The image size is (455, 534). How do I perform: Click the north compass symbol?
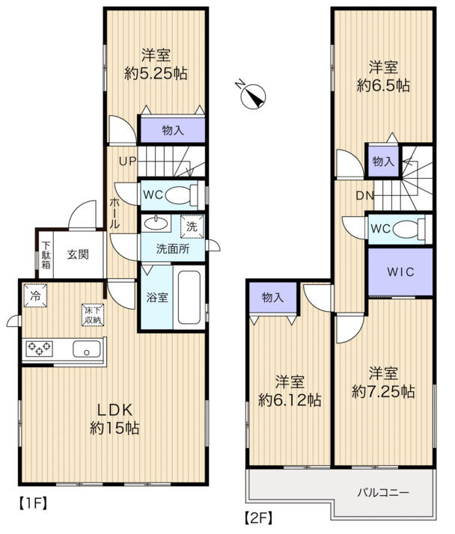tap(253, 96)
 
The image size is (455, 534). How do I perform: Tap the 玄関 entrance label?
tap(78, 254)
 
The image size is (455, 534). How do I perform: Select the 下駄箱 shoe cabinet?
tap(46, 255)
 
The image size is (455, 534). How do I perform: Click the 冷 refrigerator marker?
tap(35, 295)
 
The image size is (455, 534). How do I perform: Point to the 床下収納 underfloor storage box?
tap(92, 315)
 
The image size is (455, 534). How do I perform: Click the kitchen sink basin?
tap(87, 349)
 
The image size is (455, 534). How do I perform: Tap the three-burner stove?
tap(39, 349)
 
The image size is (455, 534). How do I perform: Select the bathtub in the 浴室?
tap(189, 298)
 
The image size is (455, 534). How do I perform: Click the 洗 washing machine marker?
tap(192, 226)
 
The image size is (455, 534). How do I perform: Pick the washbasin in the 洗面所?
tap(156, 224)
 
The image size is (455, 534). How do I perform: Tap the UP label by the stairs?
tap(127, 161)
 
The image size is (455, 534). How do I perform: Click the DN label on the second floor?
tap(364, 195)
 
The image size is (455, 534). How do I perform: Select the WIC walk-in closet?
tap(400, 272)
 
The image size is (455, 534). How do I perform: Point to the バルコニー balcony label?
tap(383, 492)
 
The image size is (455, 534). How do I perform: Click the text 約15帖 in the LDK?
tap(114, 428)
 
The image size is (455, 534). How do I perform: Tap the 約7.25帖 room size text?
tap(383, 392)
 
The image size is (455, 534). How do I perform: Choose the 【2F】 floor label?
tap(259, 518)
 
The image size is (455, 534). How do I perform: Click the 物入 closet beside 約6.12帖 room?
tap(272, 298)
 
